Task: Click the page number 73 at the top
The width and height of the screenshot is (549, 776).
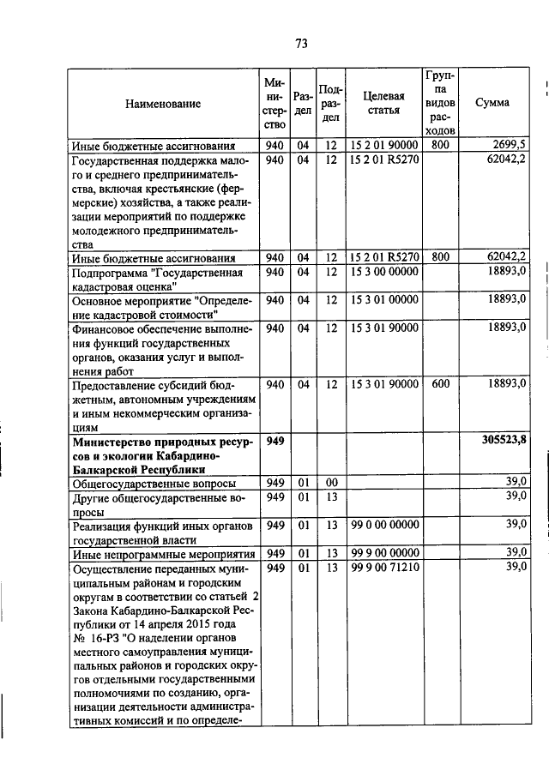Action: (x=301, y=45)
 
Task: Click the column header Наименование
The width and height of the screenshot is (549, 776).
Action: (x=163, y=104)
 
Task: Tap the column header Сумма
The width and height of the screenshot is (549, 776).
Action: (x=492, y=103)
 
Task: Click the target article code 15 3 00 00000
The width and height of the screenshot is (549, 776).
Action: (x=383, y=272)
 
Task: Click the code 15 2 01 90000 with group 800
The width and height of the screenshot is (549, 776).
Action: (x=383, y=145)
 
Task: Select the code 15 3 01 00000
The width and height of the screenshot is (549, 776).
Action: (x=383, y=299)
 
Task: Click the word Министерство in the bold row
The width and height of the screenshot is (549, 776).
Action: (x=118, y=441)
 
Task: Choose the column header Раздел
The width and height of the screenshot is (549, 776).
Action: (x=302, y=103)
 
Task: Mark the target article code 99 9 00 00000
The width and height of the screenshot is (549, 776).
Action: (x=383, y=553)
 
